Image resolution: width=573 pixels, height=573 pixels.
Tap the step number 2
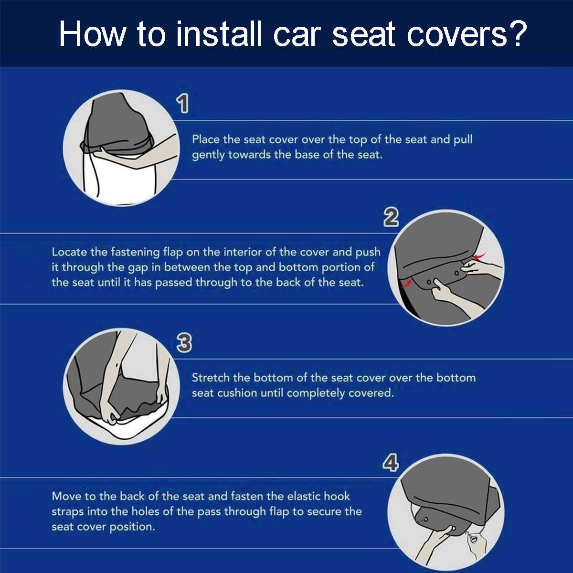(x=391, y=218)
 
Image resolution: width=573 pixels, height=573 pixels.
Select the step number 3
(x=184, y=342)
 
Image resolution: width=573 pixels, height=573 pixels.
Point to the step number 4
(x=391, y=463)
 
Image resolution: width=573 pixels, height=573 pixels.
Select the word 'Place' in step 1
(x=206, y=139)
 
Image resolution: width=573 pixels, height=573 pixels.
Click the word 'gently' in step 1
(x=208, y=155)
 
